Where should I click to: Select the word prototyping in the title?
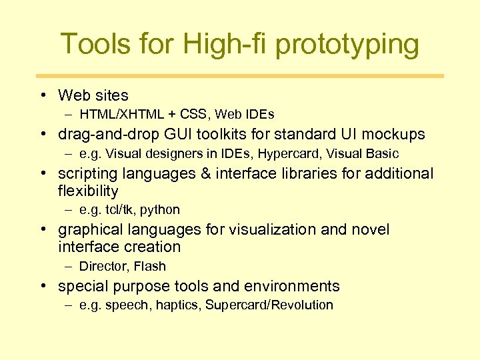pos(347,44)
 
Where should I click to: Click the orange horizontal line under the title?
pos(240,76)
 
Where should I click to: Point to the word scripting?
pos(86,173)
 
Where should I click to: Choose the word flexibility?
pos(88,191)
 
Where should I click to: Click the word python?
pos(160,210)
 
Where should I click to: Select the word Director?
pos(103,267)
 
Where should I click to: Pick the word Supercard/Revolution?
pos(269,305)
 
